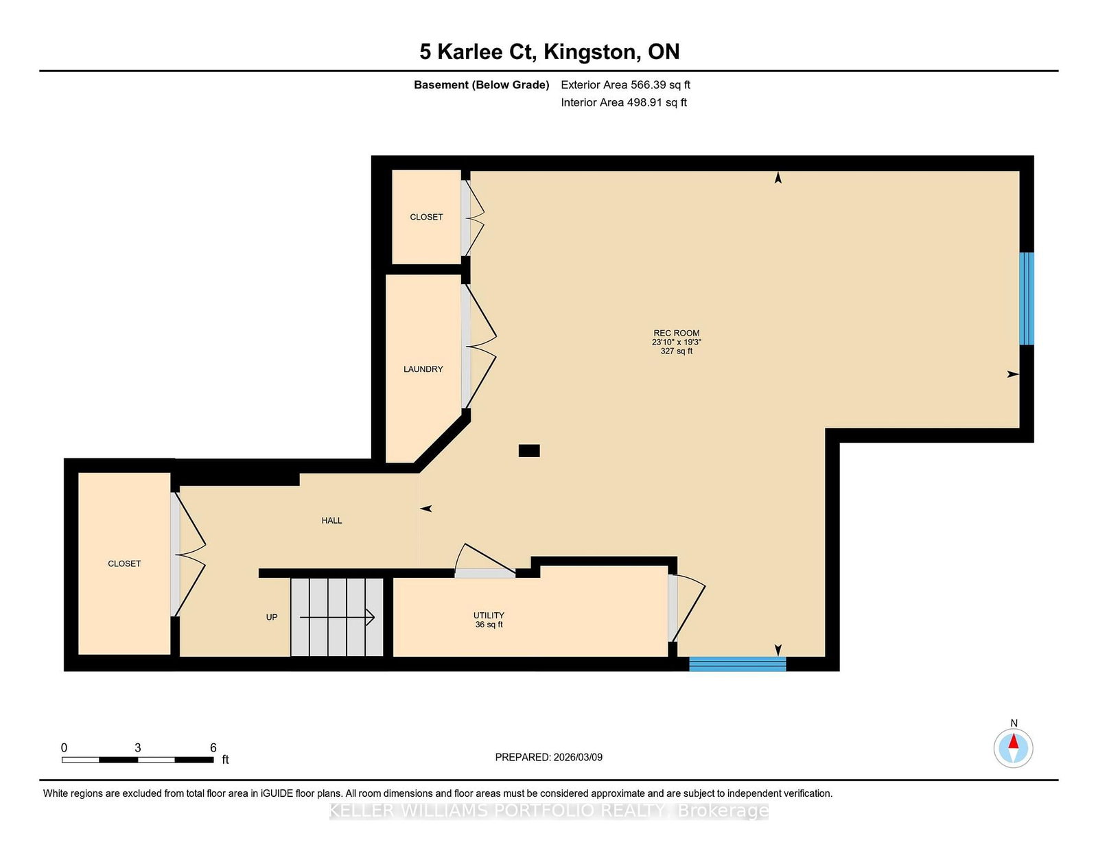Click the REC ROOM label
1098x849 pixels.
(x=676, y=333)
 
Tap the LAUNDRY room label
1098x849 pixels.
(x=423, y=369)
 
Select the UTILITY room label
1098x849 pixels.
(x=489, y=615)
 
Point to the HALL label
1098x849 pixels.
(x=331, y=520)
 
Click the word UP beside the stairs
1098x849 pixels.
(x=272, y=617)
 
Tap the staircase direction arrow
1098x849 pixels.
(x=337, y=617)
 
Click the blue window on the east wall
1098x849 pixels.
(x=1026, y=299)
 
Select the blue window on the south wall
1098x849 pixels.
(x=738, y=664)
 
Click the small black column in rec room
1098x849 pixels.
(x=529, y=451)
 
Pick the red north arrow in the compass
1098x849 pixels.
(x=1013, y=741)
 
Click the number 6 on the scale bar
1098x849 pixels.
(x=213, y=748)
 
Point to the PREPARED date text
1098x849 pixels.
(x=549, y=757)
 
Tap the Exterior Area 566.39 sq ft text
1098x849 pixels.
(x=626, y=85)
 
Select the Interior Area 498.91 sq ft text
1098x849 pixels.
(x=624, y=102)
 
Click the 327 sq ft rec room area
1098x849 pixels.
(x=676, y=351)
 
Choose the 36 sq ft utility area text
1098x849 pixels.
(x=489, y=625)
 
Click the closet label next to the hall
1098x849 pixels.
(x=124, y=563)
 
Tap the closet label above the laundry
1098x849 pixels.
(x=426, y=217)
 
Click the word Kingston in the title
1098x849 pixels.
(x=589, y=52)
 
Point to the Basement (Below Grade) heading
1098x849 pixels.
(x=482, y=85)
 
